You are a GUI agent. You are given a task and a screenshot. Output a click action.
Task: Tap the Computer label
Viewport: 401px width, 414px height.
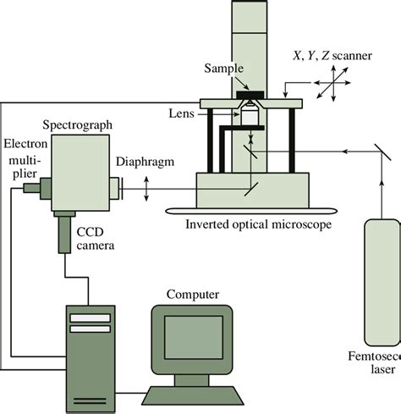pyautogui.click(x=194, y=294)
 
